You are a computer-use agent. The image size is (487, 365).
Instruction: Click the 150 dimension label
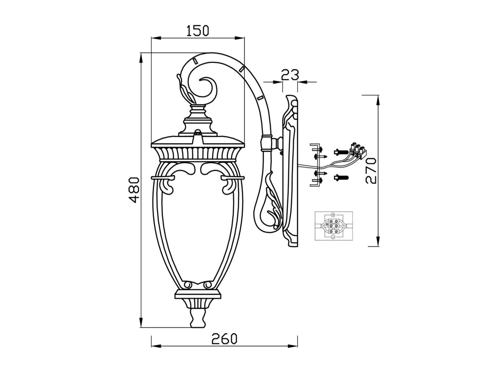198,30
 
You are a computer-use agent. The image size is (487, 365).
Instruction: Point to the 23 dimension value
290,75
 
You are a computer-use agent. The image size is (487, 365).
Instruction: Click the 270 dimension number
370,171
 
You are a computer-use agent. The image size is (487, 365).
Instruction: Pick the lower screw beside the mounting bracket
341,178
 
